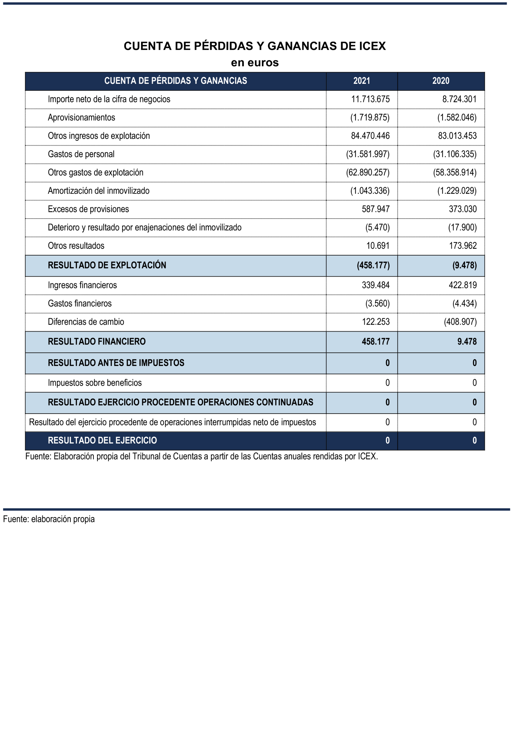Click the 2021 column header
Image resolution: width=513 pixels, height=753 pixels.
(361, 81)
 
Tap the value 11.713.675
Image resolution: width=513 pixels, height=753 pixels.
(370, 99)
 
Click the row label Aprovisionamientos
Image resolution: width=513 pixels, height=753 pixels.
(81, 117)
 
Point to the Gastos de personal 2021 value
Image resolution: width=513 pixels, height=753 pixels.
(368, 154)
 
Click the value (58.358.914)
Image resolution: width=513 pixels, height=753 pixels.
(455, 172)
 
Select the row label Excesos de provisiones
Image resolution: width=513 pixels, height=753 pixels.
(88, 209)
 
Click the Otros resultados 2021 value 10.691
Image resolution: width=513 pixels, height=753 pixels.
(378, 245)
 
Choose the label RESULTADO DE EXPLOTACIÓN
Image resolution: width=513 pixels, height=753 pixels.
(107, 265)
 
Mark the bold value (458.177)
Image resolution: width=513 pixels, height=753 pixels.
(373, 265)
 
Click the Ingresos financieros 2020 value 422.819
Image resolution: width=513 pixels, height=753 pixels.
(463, 285)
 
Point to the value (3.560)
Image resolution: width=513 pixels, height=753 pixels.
(377, 303)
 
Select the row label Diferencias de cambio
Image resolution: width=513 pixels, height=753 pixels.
(86, 322)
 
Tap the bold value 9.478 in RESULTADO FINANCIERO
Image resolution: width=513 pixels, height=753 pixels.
(467, 342)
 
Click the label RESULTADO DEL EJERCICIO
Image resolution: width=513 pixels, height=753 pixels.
(102, 440)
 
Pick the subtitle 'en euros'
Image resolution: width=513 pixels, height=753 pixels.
(255, 63)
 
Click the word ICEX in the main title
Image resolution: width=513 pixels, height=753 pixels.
(372, 46)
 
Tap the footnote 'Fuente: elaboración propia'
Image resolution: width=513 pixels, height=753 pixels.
(49, 519)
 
